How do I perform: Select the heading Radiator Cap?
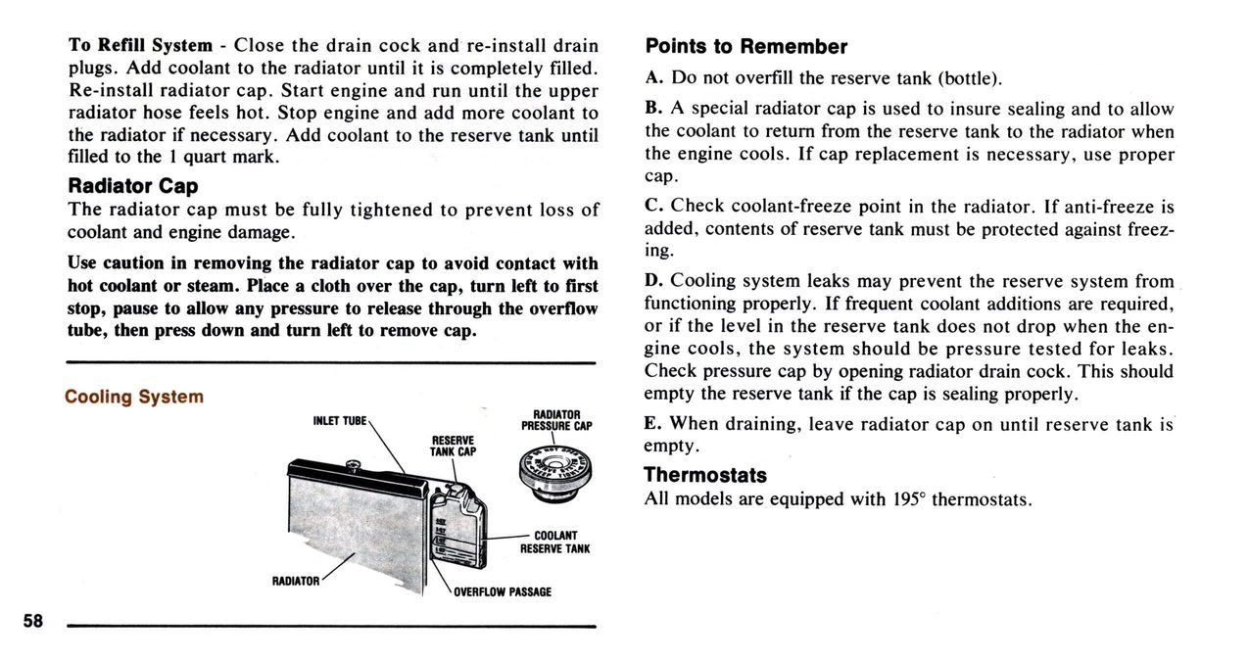132,185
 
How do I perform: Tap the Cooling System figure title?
134,397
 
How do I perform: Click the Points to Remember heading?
745,47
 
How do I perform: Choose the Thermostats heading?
704,475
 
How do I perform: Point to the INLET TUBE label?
339,421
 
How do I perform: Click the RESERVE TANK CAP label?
453,446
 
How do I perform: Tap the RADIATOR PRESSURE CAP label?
556,420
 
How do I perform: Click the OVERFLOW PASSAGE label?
502,591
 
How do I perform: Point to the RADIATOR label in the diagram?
296,581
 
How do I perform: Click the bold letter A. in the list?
654,78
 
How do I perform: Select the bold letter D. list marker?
654,281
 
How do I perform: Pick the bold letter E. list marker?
653,424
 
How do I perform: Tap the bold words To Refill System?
140,45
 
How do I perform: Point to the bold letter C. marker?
654,207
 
